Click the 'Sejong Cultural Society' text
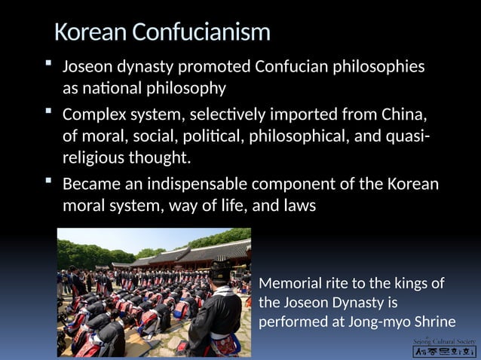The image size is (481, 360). (445, 341)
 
